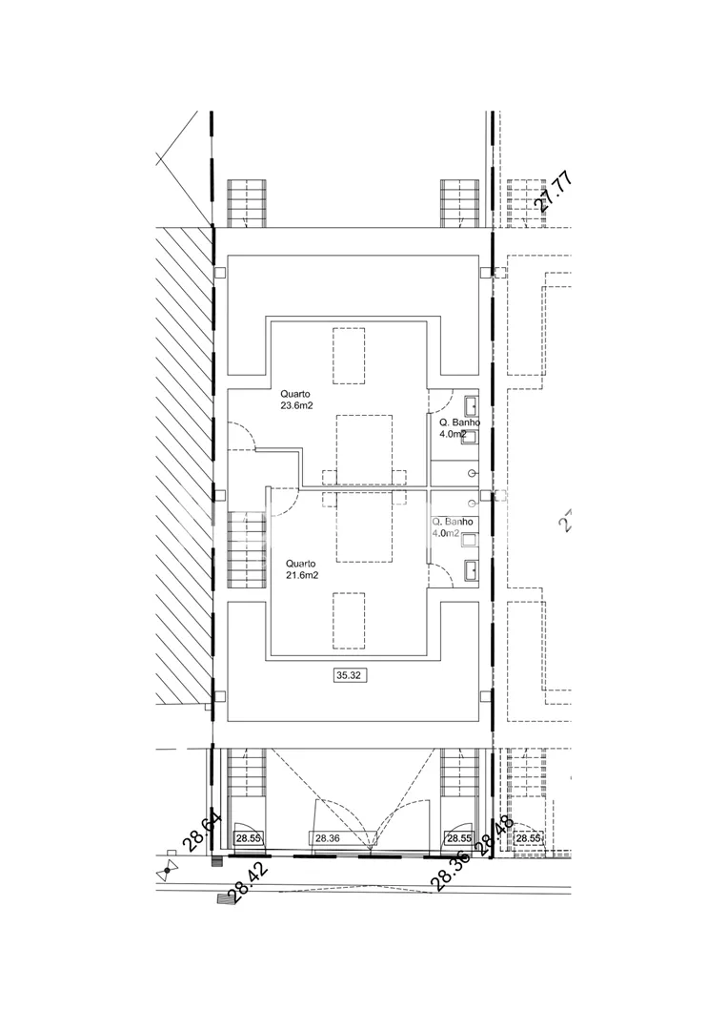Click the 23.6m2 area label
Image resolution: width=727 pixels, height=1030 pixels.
coord(296,404)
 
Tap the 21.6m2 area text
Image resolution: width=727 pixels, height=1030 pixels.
coord(302,575)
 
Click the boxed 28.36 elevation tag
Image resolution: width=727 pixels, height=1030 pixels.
coord(327,838)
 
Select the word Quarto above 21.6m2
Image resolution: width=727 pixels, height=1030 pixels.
coord(301,563)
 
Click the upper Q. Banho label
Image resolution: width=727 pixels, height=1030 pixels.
coord(458,422)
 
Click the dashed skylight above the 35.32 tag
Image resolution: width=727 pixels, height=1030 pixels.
coord(349,621)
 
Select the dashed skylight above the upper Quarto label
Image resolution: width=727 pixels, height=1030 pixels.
coord(349,355)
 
